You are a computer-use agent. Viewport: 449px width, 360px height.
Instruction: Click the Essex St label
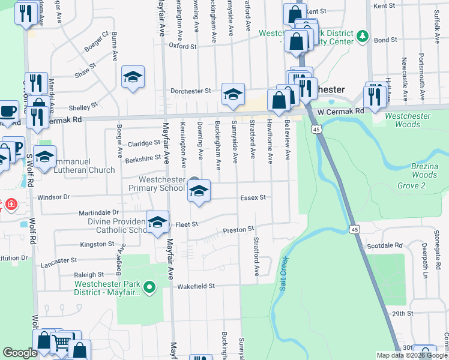[253, 197]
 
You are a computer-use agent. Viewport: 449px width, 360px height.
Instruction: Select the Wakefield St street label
[196, 287]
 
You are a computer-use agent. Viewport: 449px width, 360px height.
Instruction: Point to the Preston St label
[239, 229]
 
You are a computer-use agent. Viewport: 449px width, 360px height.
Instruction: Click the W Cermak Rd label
[341, 112]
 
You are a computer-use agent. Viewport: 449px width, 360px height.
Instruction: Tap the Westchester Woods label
[411, 120]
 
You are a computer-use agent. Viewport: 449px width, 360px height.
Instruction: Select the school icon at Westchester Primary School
[199, 192]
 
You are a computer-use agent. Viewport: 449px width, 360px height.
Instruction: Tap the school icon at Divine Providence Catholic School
[157, 223]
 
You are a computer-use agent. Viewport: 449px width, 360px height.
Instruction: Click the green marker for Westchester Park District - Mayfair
[151, 289]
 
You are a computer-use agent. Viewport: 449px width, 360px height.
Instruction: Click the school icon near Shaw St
[133, 77]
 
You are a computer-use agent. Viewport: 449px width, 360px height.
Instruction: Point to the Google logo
[20, 353]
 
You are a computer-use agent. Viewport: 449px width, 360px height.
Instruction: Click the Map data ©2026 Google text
[412, 355]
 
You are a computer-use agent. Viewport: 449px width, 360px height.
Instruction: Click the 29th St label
[403, 314]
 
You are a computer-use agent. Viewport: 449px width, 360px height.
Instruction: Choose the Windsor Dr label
[54, 197]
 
